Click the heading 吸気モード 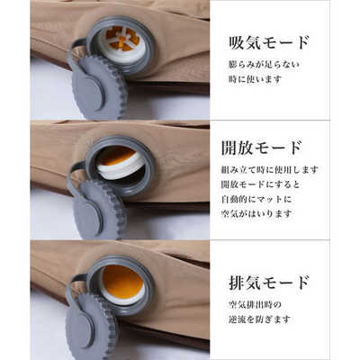pos(269,43)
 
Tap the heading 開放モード pos(261,148)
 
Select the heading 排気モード pos(269,283)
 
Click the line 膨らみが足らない pos(264,65)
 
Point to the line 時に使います pos(256,79)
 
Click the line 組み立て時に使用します pos(269,170)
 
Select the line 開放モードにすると pos(260,184)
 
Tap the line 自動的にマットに pos(256,199)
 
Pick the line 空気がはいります pos(256,214)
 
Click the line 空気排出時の pos(255,305)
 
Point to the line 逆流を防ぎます pos(259,319)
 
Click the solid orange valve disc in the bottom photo pos(122,282)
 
